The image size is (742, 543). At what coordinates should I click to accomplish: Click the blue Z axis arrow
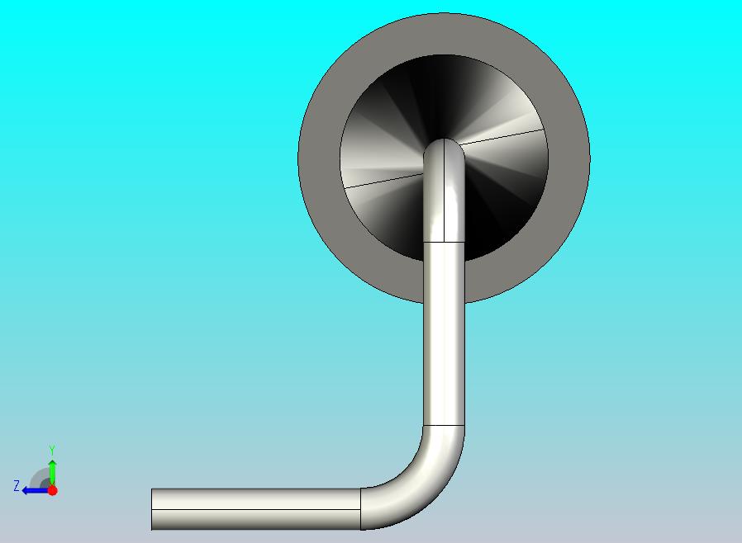pyautogui.click(x=33, y=490)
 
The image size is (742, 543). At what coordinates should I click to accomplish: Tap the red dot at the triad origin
pyautogui.click(x=52, y=490)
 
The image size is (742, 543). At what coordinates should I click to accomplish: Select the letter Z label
pyautogui.click(x=16, y=486)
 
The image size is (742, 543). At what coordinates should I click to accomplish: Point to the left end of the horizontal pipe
pyautogui.click(x=152, y=509)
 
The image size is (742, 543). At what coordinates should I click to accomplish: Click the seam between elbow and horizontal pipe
pyautogui.click(x=361, y=508)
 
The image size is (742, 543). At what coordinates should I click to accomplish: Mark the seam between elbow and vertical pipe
pyautogui.click(x=445, y=425)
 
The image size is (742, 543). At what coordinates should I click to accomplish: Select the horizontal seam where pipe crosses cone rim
pyautogui.click(x=445, y=243)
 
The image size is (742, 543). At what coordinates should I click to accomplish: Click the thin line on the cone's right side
pyautogui.click(x=504, y=137)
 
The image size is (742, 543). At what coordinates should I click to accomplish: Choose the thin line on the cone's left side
pyautogui.click(x=380, y=179)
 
